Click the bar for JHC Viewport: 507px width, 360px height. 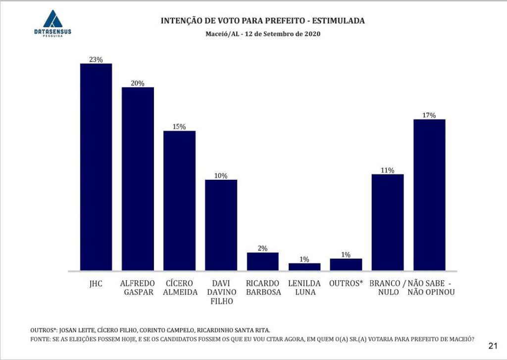tap(96, 167)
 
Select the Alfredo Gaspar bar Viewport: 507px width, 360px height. tap(138, 179)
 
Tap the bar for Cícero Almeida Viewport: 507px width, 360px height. tap(179, 201)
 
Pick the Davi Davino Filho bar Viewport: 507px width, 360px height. tap(221, 225)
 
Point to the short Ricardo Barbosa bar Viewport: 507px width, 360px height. tap(262, 261)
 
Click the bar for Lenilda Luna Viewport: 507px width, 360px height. tap(304, 267)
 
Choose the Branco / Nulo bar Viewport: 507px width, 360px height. tap(388, 222)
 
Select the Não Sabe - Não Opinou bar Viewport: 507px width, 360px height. tap(429, 195)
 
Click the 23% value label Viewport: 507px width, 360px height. tap(96, 59)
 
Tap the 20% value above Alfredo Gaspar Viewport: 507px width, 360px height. tap(138, 83)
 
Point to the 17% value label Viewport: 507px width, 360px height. tap(429, 115)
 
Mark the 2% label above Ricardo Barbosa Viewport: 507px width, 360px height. tap(262, 249)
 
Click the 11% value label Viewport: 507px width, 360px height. tap(388, 170)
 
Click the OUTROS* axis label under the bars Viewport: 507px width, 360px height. tap(346, 283)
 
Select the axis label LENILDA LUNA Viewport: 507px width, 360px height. tap(304, 288)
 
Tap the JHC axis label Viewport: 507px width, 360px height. tap(96, 283)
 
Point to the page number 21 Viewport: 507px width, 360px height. tap(493, 345)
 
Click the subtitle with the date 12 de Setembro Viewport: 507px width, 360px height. tap(263, 34)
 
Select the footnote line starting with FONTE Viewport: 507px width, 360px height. tap(253, 340)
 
